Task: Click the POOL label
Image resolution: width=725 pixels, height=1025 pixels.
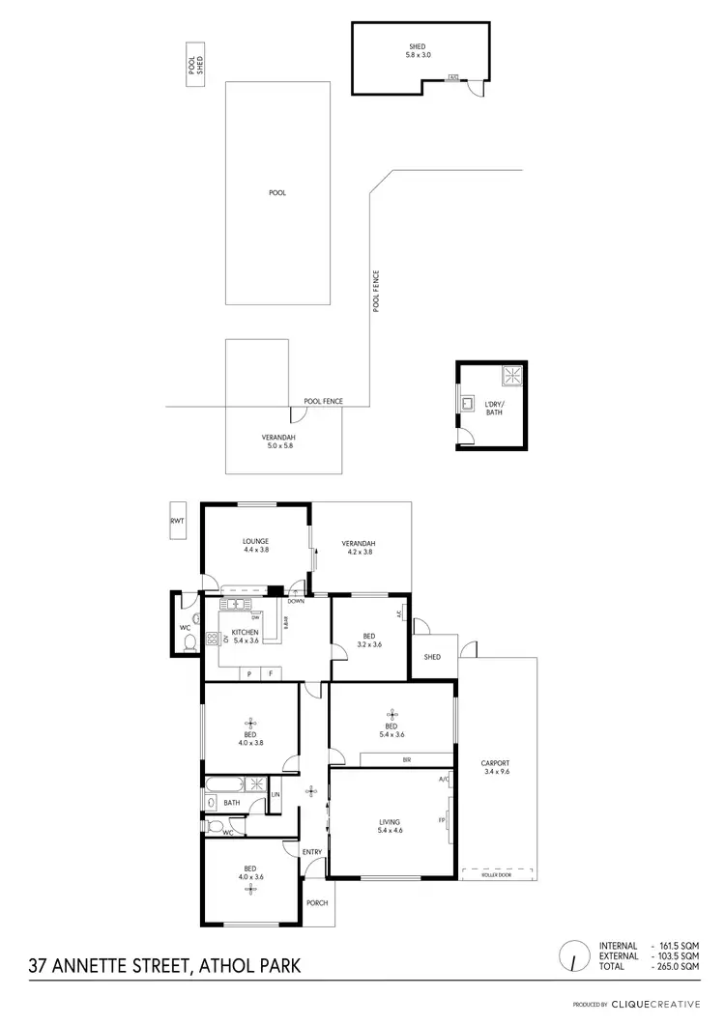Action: click(x=277, y=193)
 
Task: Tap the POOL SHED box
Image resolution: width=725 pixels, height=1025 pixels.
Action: click(x=196, y=65)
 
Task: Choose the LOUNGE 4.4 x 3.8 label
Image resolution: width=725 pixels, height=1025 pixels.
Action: click(x=256, y=545)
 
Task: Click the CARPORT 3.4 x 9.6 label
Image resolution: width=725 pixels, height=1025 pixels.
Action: click(x=495, y=767)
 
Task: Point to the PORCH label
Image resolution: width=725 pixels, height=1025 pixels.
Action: click(x=316, y=903)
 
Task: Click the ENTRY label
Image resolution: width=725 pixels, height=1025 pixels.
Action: click(x=312, y=851)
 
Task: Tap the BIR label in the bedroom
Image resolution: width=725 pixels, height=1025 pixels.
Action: click(x=407, y=760)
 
